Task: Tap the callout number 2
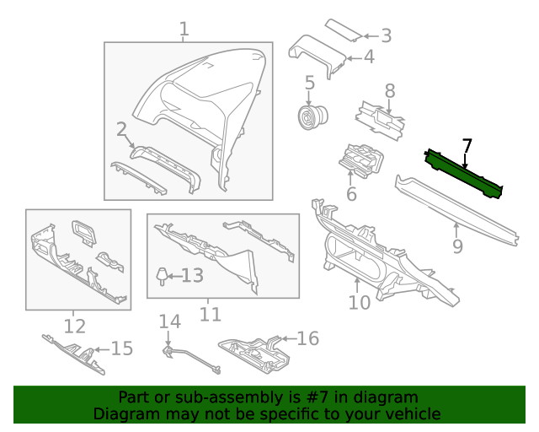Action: (121, 129)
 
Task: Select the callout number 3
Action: (386, 35)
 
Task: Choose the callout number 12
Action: (75, 325)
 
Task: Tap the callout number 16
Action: (308, 338)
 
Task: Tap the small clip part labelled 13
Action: (161, 274)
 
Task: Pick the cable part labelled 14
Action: (189, 357)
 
